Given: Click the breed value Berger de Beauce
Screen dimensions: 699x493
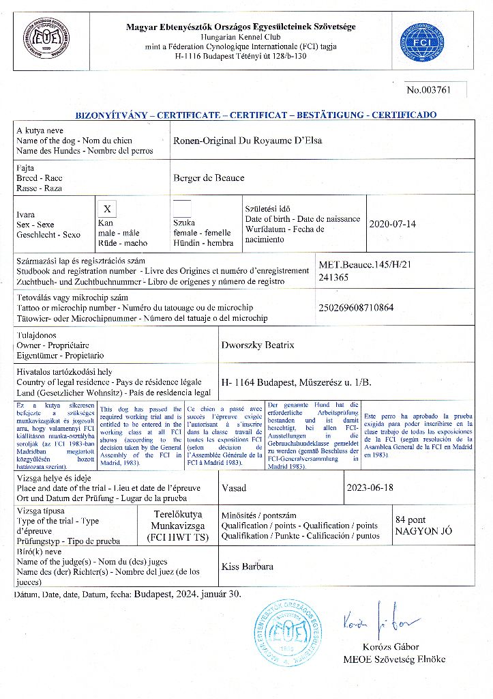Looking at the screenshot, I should point(209,177).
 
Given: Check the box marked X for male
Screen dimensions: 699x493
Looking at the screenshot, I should point(107,208).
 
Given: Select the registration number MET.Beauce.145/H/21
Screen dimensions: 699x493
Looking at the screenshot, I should point(363,265).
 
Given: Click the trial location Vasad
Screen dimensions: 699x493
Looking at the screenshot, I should point(235,488).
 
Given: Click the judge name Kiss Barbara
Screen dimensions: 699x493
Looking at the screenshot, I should point(248,567).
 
